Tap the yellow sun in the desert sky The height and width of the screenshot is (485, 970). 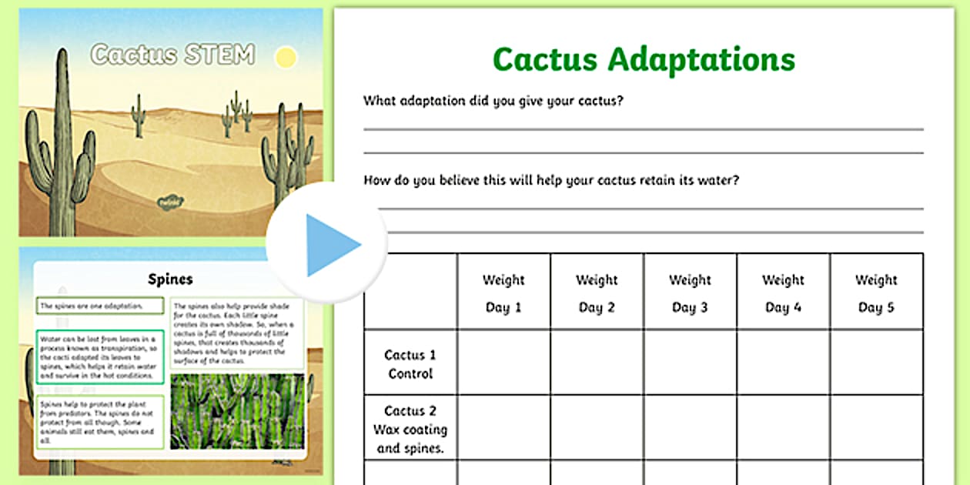click(286, 57)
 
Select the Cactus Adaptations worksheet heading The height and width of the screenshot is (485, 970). click(644, 59)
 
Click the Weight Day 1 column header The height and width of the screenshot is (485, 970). click(503, 293)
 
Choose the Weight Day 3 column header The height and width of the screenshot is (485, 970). click(690, 293)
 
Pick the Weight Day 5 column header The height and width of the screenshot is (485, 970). click(876, 293)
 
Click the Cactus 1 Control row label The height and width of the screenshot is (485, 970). click(410, 364)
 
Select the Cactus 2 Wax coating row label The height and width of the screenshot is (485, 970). click(410, 430)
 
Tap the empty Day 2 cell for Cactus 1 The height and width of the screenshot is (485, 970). click(597, 363)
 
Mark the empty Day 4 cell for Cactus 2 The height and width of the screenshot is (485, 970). click(783, 428)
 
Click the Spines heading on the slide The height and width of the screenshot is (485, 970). click(169, 279)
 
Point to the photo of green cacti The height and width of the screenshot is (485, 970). click(236, 411)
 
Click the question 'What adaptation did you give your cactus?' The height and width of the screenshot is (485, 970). click(493, 101)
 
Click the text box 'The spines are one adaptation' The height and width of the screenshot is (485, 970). click(100, 306)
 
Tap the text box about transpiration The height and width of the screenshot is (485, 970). click(100, 356)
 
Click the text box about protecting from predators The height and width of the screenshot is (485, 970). click(100, 422)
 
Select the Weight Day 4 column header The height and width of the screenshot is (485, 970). click(783, 293)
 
